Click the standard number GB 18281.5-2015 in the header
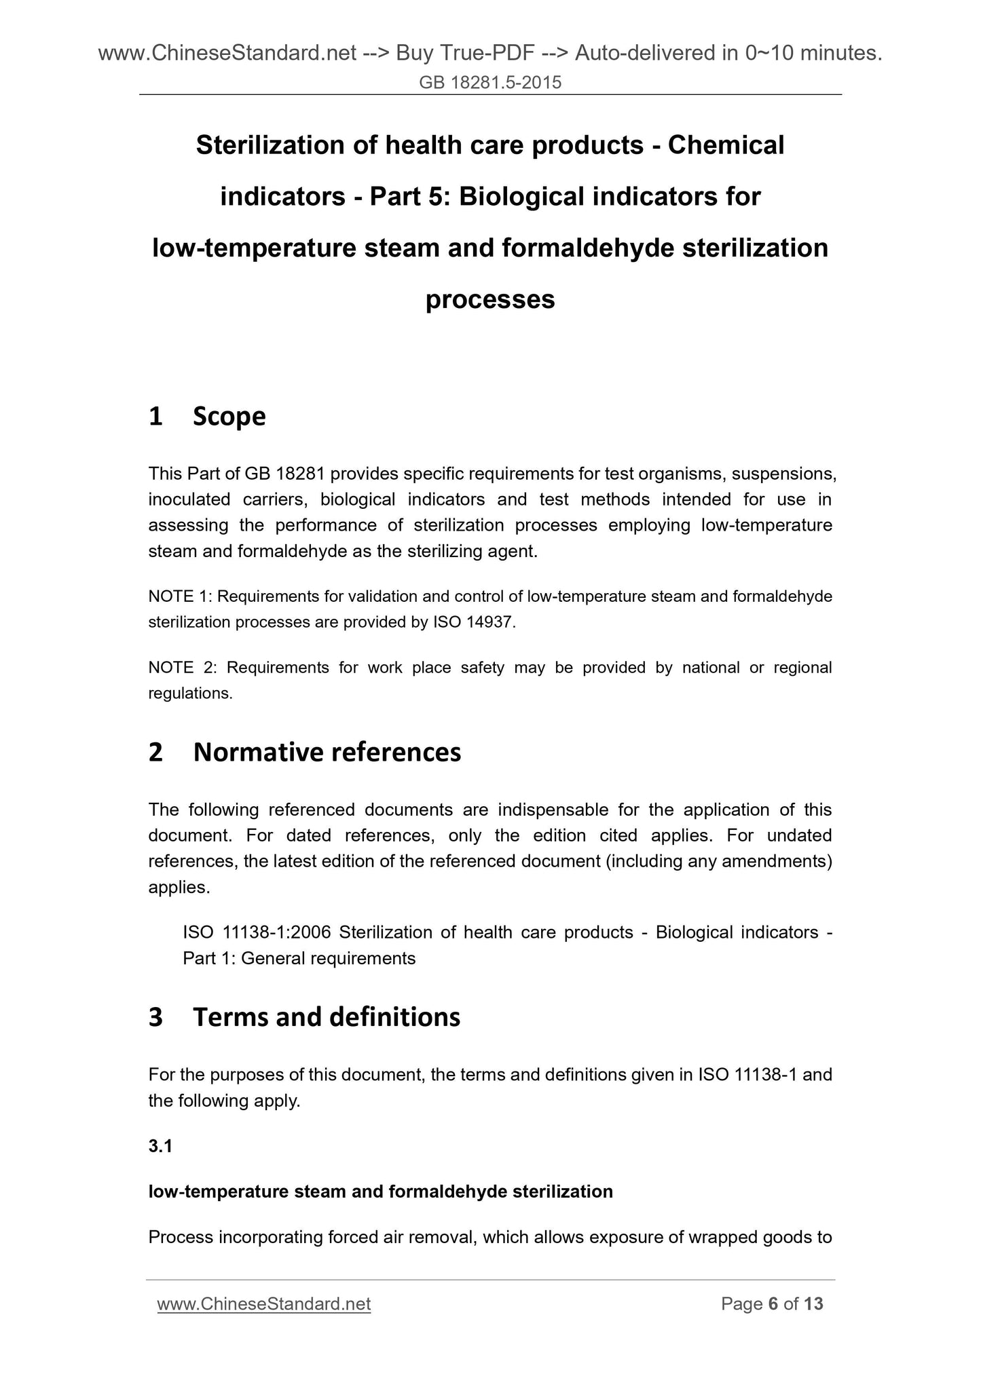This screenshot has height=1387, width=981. coord(490,83)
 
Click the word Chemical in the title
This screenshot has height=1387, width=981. coord(726,145)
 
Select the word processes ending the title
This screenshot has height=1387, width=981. coord(490,299)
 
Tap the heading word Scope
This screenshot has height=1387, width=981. coord(229,416)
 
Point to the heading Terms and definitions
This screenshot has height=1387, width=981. coord(327,1016)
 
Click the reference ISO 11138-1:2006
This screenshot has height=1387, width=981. coord(257,932)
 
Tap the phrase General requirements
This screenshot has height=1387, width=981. coord(328,958)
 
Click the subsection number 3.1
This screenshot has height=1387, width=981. coord(160,1146)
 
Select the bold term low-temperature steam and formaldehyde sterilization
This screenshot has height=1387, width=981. coord(380,1192)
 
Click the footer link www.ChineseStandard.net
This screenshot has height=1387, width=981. coord(263,1304)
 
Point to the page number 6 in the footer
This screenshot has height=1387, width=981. coord(773,1304)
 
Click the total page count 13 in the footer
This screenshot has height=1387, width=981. coord(813,1304)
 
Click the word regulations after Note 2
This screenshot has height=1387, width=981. coord(189,693)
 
